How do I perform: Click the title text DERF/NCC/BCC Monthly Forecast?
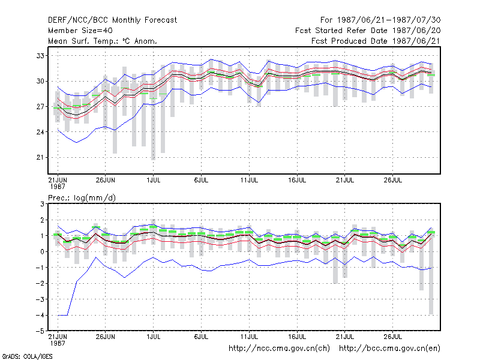112,20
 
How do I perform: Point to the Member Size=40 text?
80,31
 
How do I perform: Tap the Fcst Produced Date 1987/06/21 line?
376,41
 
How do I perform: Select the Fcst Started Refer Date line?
368,31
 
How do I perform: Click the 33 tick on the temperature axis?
40,56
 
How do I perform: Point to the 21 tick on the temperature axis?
40,157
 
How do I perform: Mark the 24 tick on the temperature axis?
40,132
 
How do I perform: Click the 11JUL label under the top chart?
249,180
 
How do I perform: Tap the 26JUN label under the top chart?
106,180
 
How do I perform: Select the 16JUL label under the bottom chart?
297,337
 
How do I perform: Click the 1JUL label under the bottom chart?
154,337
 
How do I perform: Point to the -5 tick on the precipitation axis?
40,331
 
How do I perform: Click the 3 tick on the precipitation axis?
42,204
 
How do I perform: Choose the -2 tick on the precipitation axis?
40,283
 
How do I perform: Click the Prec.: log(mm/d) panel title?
82,198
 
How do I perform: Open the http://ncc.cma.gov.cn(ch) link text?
279,349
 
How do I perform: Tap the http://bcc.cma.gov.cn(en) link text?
389,349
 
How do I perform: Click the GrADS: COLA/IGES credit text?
27,356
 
